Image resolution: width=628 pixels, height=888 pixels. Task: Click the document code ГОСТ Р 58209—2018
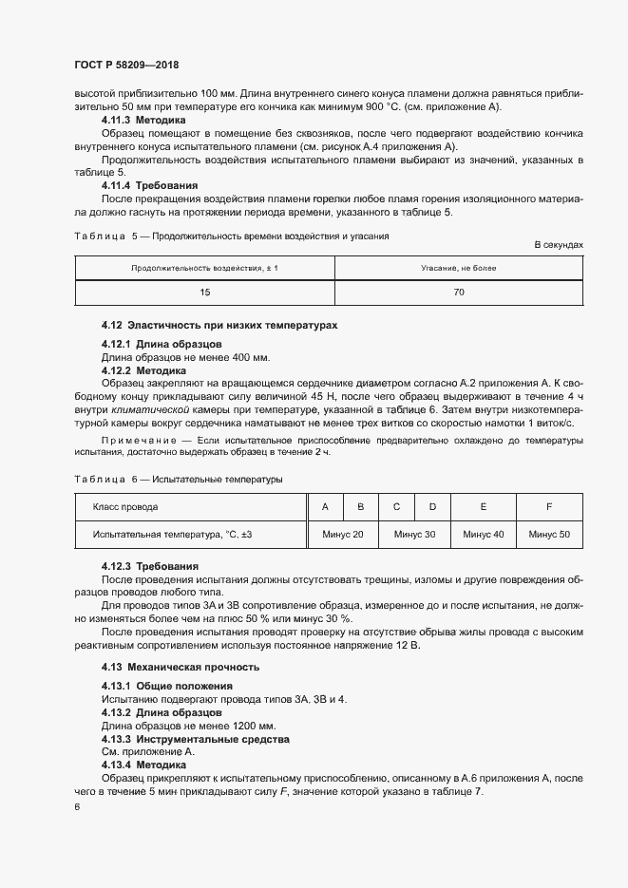tap(126, 66)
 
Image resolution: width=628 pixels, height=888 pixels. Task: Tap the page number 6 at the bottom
tap(77, 806)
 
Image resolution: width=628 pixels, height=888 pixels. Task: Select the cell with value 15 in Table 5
tap(204, 293)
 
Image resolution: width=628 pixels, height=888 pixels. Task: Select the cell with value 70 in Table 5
tap(459, 293)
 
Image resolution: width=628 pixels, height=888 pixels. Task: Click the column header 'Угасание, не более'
tap(459, 269)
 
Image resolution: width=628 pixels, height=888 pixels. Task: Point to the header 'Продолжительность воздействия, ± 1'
tap(204, 269)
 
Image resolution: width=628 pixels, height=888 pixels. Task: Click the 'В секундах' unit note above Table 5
tap(559, 245)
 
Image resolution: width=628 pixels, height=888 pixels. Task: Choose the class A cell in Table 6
tap(325, 507)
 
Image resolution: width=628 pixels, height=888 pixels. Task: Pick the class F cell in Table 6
tap(549, 507)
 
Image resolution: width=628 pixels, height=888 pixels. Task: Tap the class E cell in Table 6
tap(483, 507)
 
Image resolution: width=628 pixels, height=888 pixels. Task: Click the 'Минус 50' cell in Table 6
tap(549, 535)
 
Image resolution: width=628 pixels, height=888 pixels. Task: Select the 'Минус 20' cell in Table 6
tap(343, 535)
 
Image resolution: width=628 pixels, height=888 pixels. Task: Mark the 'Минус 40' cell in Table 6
tap(483, 535)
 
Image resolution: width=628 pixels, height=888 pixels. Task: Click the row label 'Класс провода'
tap(125, 507)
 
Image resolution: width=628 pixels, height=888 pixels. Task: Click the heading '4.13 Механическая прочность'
tap(181, 667)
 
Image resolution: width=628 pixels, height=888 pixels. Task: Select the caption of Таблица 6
tap(178, 480)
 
